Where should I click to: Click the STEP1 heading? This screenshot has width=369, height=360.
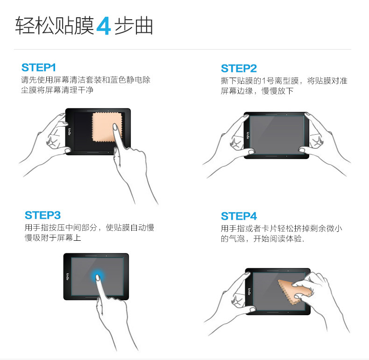[39, 68]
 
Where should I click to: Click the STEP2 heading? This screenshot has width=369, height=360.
[239, 68]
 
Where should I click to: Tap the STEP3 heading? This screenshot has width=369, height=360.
[43, 216]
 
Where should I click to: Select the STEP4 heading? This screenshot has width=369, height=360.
[239, 216]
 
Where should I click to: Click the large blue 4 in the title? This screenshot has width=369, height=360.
[104, 26]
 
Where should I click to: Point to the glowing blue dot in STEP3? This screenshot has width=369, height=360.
[98, 276]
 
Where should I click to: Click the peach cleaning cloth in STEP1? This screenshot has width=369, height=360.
[106, 127]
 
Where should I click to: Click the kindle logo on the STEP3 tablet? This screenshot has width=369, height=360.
[68, 277]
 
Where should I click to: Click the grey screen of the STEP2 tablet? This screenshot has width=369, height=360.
[277, 135]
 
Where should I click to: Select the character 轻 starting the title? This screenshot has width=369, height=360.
[25, 26]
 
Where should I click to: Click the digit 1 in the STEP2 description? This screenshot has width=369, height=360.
[263, 81]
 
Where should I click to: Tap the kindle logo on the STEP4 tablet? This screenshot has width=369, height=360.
[249, 291]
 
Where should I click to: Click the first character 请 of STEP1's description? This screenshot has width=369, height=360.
[25, 80]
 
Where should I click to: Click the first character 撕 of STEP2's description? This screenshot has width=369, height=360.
[225, 81]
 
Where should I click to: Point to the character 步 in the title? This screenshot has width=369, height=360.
[124, 26]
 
